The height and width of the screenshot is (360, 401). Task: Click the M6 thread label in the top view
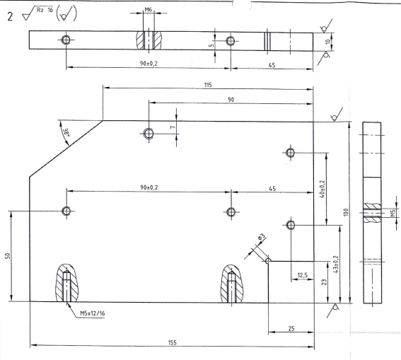tap(149, 10)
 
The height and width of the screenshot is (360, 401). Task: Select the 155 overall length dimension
tap(173, 342)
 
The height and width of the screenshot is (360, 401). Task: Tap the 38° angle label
tap(66, 133)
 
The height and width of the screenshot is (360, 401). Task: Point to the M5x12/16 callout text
tap(93, 313)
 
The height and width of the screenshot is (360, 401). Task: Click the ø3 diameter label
tap(261, 237)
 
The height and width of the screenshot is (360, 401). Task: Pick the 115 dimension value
tap(208, 85)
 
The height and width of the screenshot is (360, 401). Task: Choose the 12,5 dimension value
tap(302, 275)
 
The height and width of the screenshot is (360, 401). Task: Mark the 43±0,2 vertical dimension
tap(336, 264)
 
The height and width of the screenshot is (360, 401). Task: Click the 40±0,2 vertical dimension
tap(322, 189)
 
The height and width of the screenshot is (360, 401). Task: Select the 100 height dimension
tap(346, 212)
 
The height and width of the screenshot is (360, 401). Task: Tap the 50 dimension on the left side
tap(8, 256)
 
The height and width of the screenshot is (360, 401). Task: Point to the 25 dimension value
tap(291, 329)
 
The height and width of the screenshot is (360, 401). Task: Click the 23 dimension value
tap(324, 282)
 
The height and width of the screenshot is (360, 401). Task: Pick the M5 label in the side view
tap(393, 213)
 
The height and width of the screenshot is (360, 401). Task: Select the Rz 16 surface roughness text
tap(45, 11)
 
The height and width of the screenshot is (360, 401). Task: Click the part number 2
tap(10, 16)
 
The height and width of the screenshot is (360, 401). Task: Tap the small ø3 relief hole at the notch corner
tap(268, 261)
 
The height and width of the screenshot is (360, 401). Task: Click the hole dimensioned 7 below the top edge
tap(149, 134)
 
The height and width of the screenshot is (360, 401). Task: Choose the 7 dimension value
tap(173, 127)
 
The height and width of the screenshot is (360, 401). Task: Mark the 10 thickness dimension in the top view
tap(328, 42)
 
